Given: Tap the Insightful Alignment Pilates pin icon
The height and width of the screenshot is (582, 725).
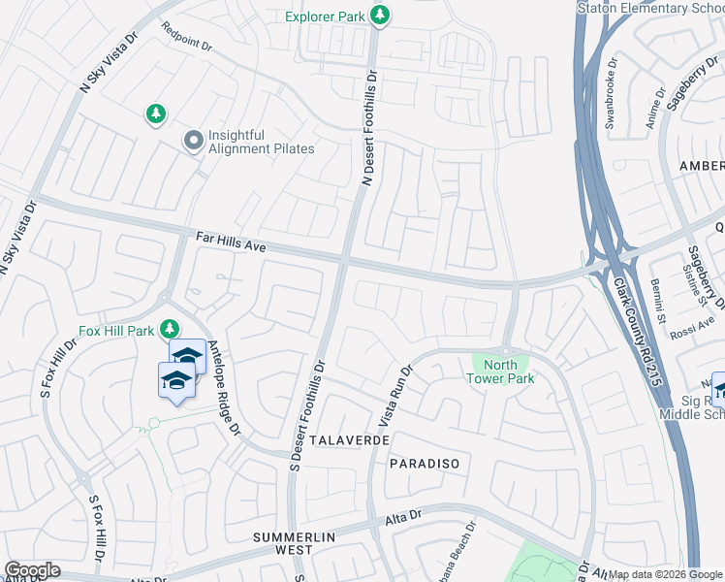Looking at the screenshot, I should (193, 142).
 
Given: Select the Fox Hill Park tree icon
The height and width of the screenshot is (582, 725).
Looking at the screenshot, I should (170, 329).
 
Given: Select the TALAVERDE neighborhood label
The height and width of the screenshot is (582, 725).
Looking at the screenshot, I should (350, 439).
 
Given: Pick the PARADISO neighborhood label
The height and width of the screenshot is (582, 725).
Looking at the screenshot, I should (424, 464).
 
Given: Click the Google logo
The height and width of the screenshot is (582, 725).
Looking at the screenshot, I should (32, 570).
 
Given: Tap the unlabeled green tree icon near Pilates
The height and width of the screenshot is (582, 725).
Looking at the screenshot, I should (155, 115).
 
